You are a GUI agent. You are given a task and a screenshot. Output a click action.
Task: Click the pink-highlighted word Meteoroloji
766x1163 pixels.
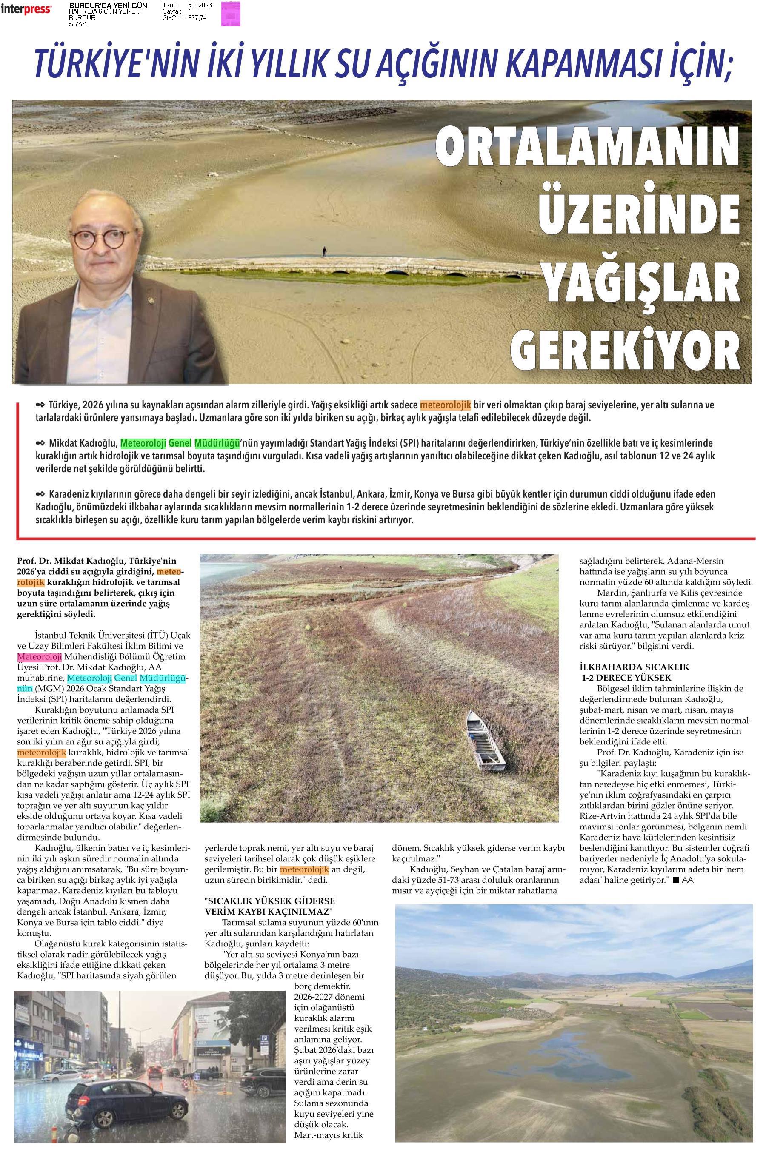(x=39, y=657)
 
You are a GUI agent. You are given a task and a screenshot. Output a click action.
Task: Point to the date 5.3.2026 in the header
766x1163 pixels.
(x=200, y=4)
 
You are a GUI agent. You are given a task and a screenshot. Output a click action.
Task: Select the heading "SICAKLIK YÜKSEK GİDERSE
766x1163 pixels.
(x=270, y=901)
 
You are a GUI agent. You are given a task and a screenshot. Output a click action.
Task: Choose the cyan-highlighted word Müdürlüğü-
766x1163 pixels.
(x=164, y=678)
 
